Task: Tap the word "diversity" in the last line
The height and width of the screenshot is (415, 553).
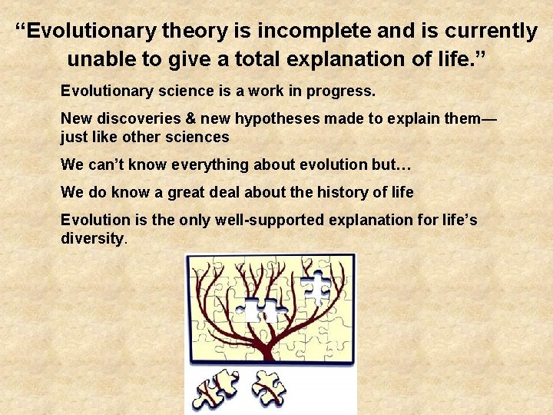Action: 91,238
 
